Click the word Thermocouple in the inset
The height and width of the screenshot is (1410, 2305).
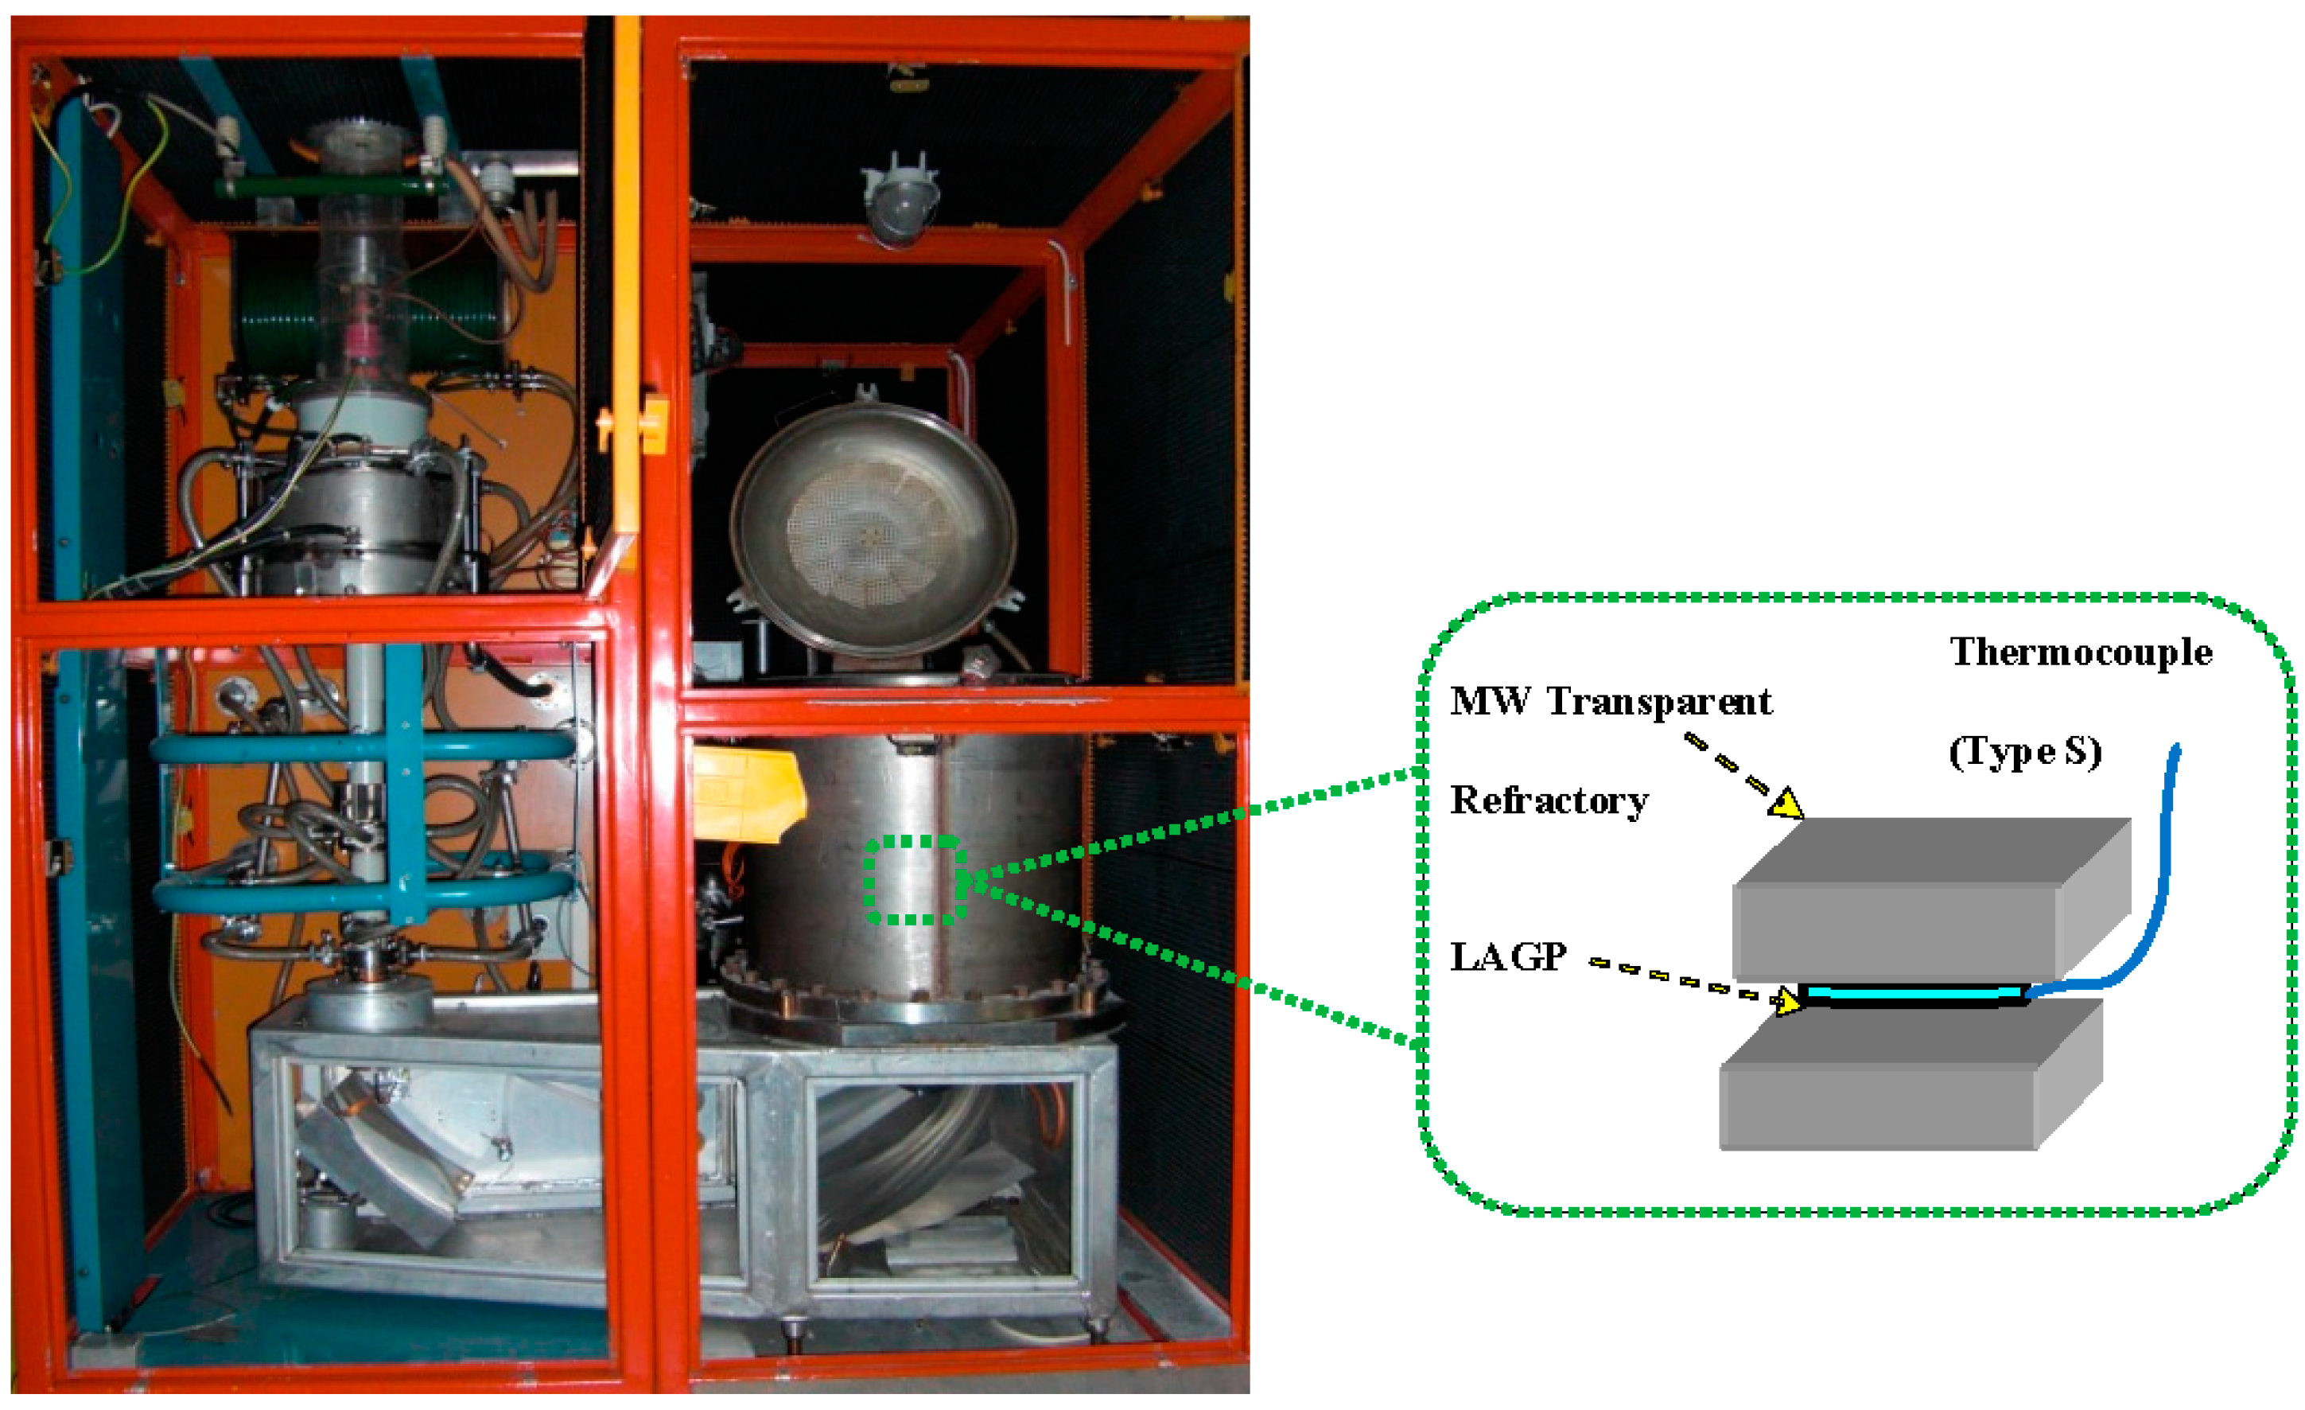2080,653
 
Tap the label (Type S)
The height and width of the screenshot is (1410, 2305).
2024,751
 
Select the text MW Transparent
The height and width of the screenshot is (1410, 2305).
1610,702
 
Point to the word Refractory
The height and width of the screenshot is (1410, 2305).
1549,801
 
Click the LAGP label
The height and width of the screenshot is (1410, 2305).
1508,957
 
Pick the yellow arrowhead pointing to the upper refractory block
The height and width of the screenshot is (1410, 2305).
1786,804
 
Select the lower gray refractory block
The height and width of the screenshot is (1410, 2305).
1899,1090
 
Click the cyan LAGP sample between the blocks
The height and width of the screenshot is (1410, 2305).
1913,991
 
